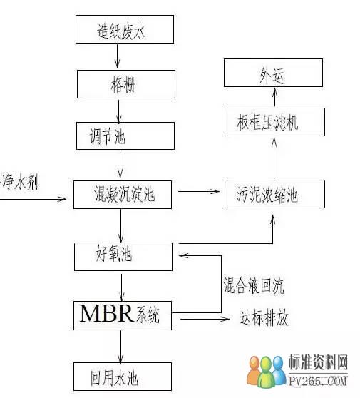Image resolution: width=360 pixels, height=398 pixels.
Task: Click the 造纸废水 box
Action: click(x=125, y=29)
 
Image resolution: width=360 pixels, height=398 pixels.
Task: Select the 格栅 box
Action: click(x=126, y=84)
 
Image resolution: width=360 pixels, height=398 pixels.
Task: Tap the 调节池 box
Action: click(x=125, y=136)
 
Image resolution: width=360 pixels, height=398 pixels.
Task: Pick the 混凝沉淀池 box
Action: click(x=123, y=195)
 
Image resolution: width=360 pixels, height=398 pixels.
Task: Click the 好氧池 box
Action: click(x=123, y=257)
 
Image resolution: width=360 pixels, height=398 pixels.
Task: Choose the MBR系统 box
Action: click(x=123, y=315)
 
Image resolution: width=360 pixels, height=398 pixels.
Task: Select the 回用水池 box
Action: click(x=123, y=377)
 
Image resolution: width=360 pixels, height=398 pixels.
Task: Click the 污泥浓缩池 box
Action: click(x=276, y=194)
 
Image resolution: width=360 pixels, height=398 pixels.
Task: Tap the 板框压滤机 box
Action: click(x=276, y=122)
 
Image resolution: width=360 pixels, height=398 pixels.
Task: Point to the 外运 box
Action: click(x=273, y=73)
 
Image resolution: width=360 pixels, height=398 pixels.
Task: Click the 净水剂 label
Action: click(x=20, y=182)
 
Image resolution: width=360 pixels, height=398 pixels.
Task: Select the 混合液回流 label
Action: click(x=253, y=286)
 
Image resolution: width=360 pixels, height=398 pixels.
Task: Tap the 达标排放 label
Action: click(x=264, y=317)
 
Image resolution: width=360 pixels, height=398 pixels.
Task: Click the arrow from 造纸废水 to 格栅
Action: click(x=117, y=56)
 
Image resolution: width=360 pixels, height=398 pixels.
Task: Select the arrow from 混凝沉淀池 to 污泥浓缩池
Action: click(x=199, y=191)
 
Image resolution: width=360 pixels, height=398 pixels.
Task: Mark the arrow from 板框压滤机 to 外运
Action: click(x=275, y=97)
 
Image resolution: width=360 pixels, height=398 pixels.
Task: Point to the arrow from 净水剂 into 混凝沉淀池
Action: click(x=33, y=199)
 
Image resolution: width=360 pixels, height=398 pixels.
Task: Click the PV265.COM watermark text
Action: click(x=318, y=381)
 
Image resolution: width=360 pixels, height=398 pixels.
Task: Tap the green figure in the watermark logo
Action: click(x=265, y=372)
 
